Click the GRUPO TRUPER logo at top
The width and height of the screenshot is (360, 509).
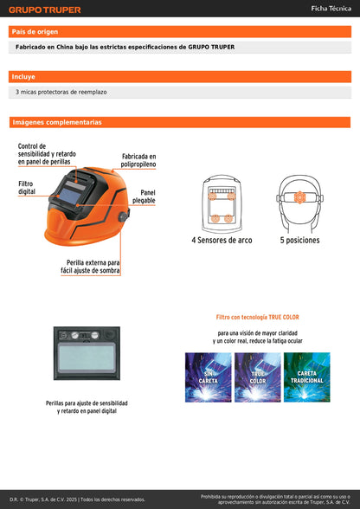point(44,10)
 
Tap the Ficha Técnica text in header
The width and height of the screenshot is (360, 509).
point(330,9)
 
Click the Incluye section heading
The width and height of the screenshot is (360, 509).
point(23,77)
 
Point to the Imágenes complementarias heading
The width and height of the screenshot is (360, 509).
point(56,123)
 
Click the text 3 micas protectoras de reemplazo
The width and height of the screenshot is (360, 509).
point(61,92)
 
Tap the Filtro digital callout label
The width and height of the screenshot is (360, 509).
point(27,187)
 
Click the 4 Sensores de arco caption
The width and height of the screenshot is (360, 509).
point(222,240)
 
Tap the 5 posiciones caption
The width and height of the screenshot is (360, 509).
point(299,240)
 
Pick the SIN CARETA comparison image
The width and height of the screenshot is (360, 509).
point(208,377)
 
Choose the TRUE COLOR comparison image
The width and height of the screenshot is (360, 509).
point(257,377)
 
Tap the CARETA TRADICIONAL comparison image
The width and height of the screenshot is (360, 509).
point(306,377)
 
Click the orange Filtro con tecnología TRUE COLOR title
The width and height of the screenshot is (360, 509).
point(257,318)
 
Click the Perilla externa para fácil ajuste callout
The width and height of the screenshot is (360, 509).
point(93,266)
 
